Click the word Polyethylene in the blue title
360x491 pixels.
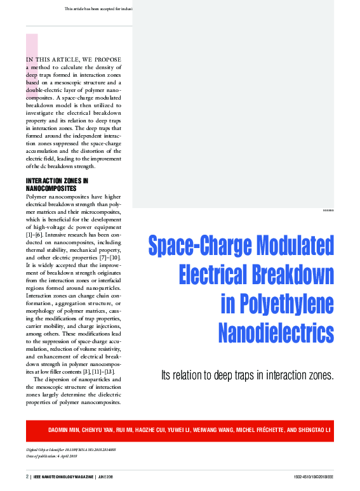point(277,304)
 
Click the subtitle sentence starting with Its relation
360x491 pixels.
point(248,375)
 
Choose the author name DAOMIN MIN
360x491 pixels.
point(64,431)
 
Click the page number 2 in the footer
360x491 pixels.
point(27,476)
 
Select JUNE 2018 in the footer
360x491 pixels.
point(105,476)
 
